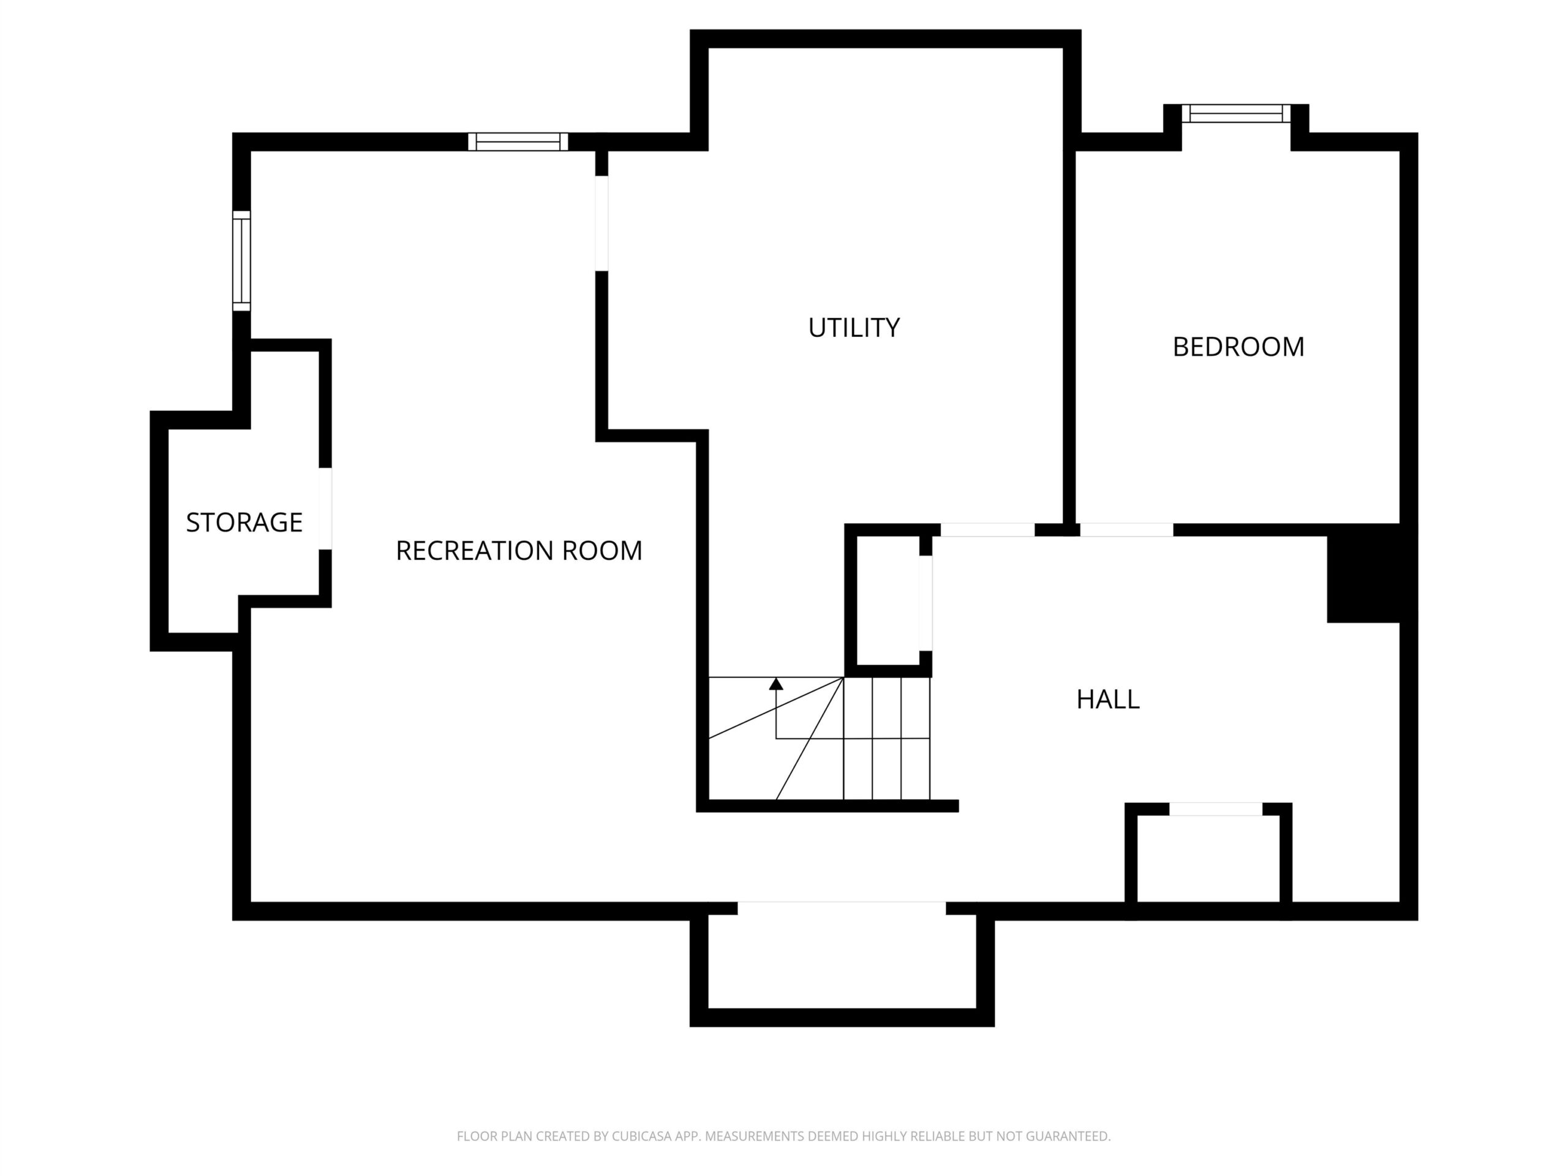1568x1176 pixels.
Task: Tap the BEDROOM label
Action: pos(1238,347)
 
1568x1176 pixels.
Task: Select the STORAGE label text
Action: pos(244,522)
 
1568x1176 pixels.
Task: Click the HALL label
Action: pos(1108,699)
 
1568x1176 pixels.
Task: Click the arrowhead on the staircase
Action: pos(776,684)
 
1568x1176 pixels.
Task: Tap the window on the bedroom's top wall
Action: pos(1236,113)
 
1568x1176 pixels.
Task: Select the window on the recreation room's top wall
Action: pos(518,141)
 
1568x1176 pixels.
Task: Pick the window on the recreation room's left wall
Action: pos(242,261)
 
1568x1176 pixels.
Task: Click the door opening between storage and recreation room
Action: pos(325,508)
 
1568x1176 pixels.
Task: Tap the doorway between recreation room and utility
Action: pos(602,224)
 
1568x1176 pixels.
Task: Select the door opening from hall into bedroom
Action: pos(1126,530)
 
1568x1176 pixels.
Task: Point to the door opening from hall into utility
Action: pos(987,530)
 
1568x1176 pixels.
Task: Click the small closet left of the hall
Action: pos(888,600)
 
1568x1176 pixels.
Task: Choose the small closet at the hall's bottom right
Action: pos(1208,861)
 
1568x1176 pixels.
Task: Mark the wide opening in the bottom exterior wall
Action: pos(842,909)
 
